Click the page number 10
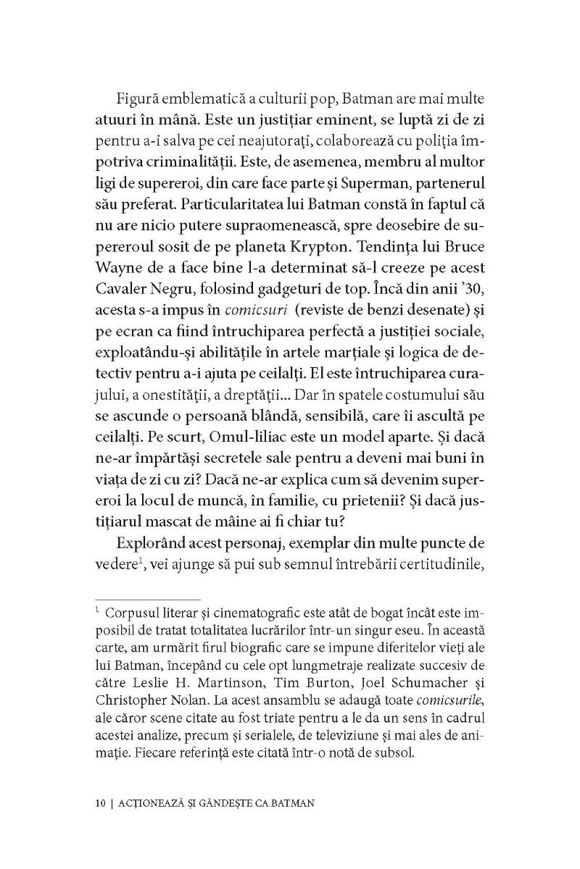point(101,804)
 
